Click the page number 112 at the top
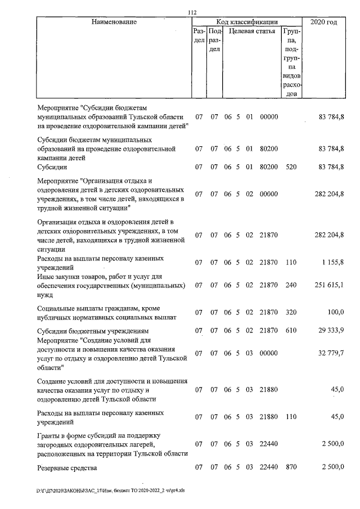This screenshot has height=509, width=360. pos(192,12)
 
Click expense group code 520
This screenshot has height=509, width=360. pos(291,167)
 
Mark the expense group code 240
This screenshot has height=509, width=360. pos(291,285)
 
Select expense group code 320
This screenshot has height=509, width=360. pos(291,312)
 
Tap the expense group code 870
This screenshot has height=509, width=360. pos(291,467)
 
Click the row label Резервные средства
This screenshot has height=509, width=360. pos(67,467)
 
